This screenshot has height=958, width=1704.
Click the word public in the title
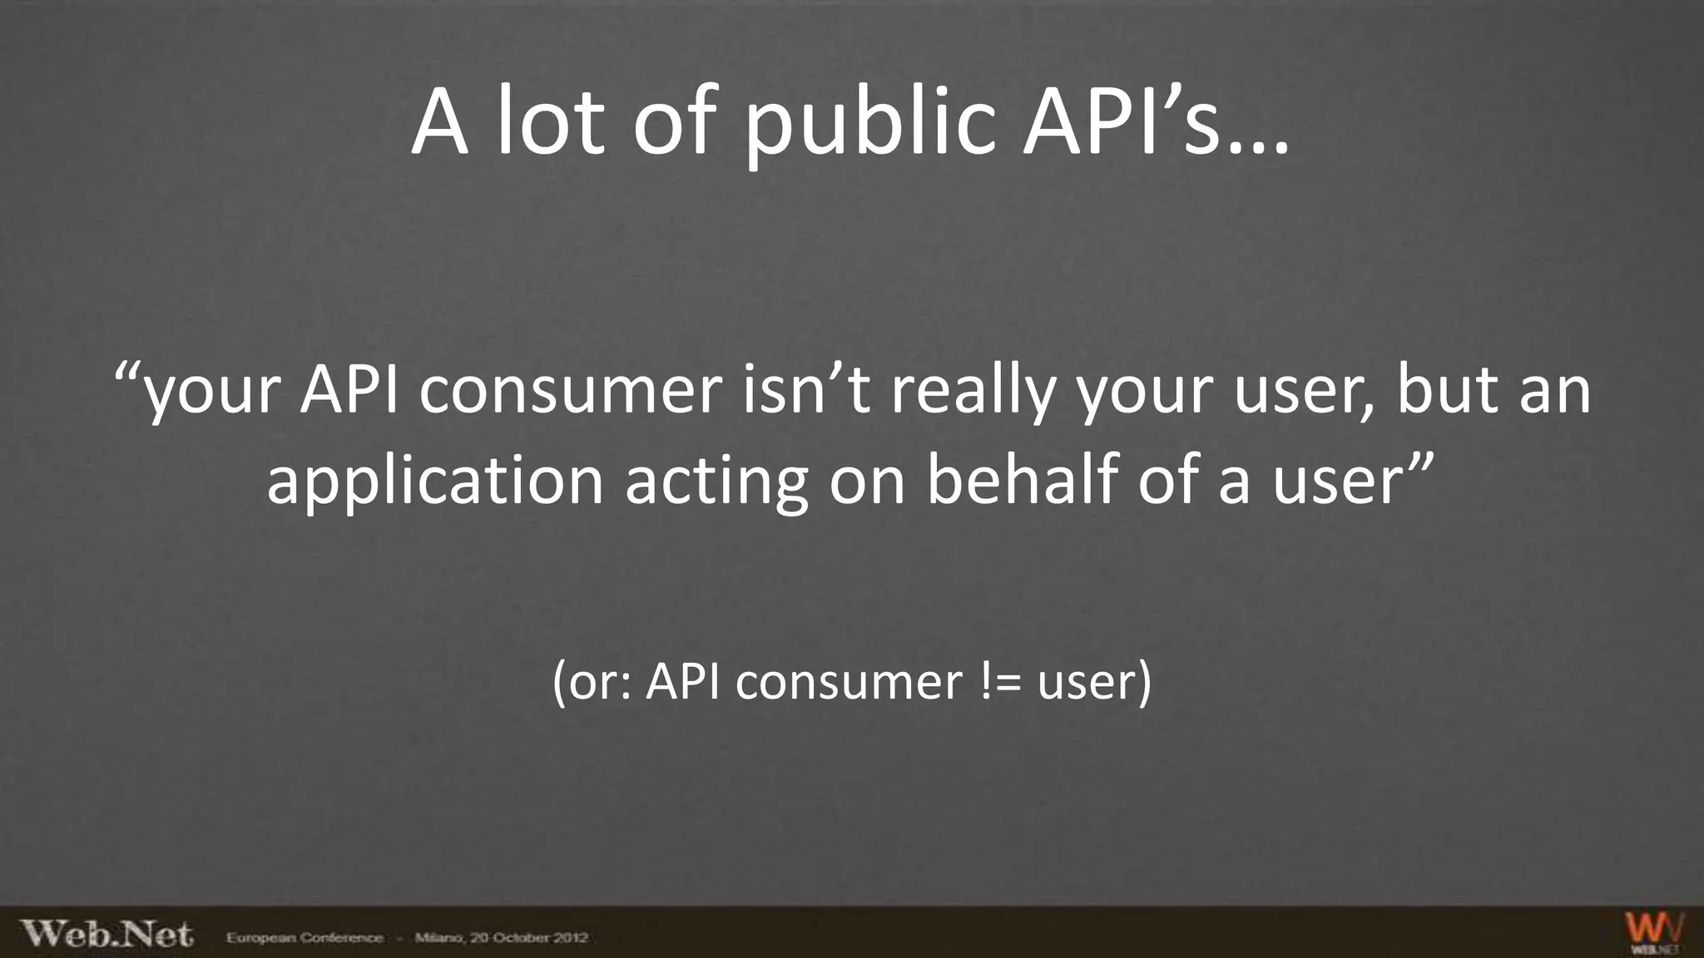(869, 125)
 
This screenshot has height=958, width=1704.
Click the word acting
(716, 481)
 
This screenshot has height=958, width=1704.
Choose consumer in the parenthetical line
(849, 684)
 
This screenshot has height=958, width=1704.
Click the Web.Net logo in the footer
(106, 934)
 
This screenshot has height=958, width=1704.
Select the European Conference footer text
(305, 938)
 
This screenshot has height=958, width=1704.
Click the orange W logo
(1654, 930)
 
